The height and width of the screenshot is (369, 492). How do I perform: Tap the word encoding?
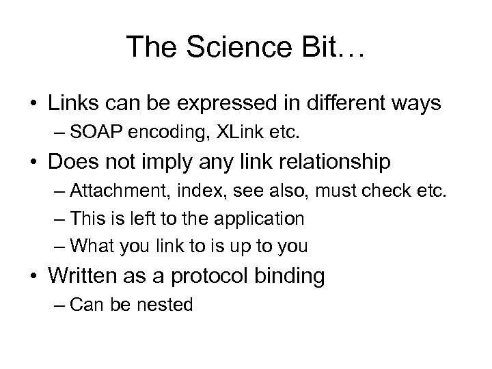pos(168,132)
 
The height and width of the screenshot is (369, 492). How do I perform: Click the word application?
pos(259,219)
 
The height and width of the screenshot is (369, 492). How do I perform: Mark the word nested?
pos(169,305)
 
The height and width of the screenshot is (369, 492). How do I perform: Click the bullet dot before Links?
pos(33,105)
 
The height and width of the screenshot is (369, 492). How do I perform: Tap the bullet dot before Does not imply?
pos(33,163)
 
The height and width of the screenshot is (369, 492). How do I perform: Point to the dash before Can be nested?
pos(60,305)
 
